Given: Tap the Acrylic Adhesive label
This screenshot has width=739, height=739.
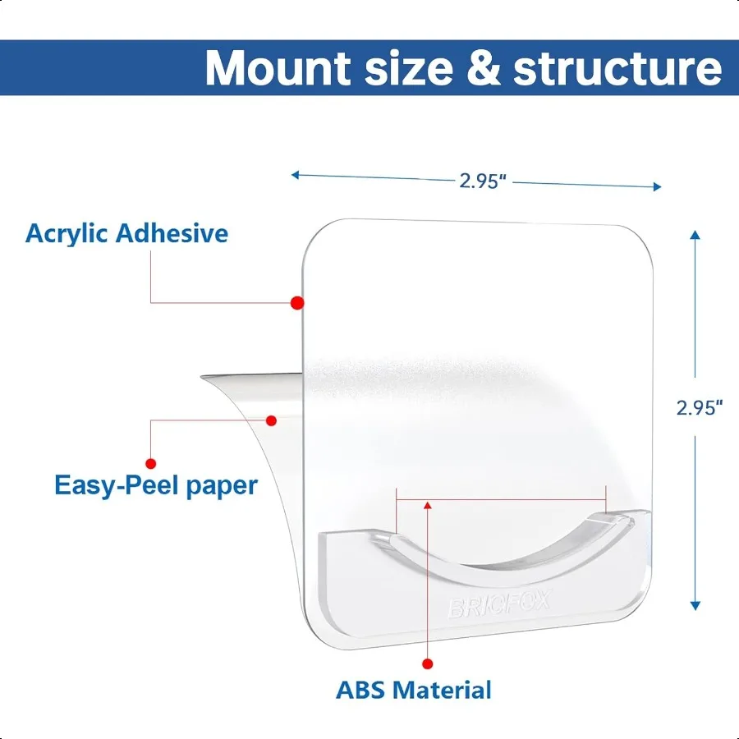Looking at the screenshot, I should click(x=126, y=233).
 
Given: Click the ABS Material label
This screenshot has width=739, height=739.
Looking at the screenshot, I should click(x=414, y=690).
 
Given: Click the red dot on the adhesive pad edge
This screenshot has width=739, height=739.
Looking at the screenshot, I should click(x=297, y=303).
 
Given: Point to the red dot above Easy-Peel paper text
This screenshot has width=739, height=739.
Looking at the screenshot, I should click(x=150, y=462).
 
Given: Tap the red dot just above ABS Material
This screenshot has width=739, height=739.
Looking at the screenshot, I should click(x=427, y=663).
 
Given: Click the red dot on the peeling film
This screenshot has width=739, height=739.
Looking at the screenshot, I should click(x=273, y=420).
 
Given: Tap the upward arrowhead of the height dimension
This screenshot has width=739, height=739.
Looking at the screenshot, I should click(x=695, y=235).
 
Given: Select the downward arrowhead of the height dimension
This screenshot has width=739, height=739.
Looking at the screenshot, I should click(x=695, y=605).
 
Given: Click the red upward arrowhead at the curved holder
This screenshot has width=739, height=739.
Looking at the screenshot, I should click(x=427, y=503).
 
